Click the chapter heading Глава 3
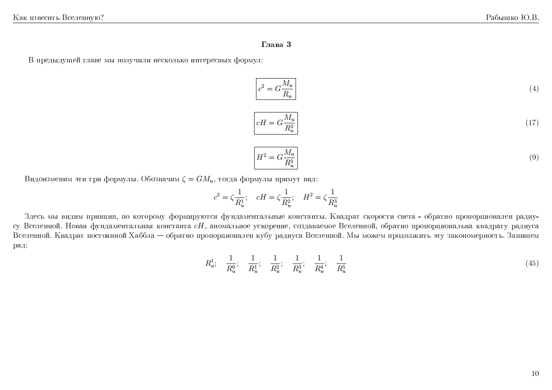pos(276,44)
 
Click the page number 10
pos(535,373)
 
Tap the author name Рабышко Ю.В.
pos(512,17)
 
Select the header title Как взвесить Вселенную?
pos(59,17)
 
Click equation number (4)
pos(534,89)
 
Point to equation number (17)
pos(532,123)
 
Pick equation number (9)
pos(534,157)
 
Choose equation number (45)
pos(532,263)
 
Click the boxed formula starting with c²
pos(276,89)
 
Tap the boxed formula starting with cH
pos(276,123)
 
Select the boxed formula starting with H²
pos(276,158)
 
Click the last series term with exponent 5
pos(341,264)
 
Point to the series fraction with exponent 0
pos(231,264)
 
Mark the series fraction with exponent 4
pos(319,264)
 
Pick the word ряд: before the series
pos(20,245)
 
